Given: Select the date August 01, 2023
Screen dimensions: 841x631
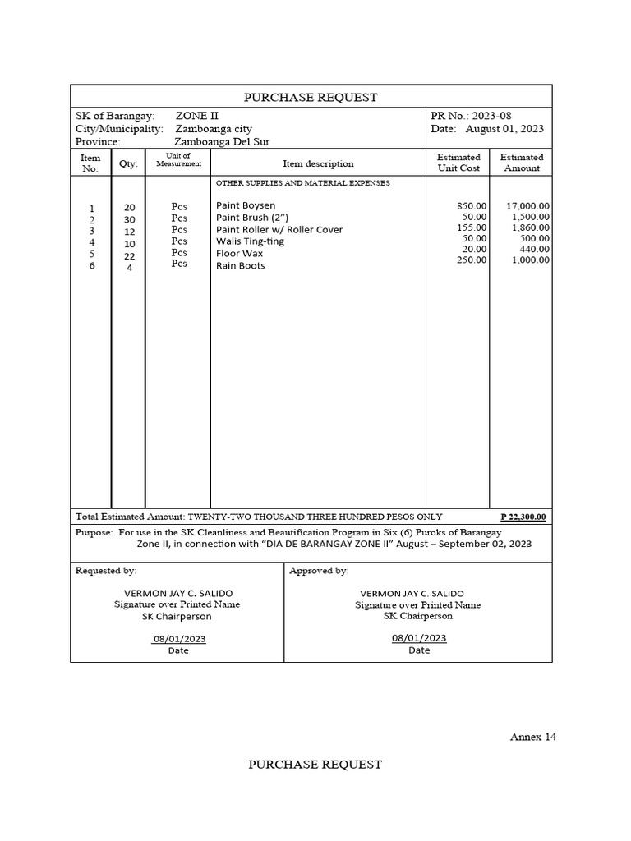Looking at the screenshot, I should click(504, 129).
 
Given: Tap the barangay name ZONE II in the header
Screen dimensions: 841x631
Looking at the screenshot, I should click(197, 117).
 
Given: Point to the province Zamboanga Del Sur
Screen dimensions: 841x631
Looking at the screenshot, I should click(216, 141).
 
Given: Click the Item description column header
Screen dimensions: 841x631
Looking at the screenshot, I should click(318, 163).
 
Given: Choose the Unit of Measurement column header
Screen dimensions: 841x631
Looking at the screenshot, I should click(178, 159).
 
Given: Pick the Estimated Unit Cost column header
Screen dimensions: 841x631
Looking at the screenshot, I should click(458, 162).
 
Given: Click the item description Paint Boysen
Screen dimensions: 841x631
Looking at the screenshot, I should click(246, 205).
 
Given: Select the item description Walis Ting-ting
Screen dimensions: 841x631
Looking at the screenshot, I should click(250, 241).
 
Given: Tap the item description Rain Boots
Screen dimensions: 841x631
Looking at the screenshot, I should click(240, 266).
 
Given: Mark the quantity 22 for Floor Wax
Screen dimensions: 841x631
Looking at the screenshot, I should click(129, 256).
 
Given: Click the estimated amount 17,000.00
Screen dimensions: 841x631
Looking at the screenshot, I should click(528, 206).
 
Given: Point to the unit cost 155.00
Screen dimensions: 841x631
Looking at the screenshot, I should click(472, 227).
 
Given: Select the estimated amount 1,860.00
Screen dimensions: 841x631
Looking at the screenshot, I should click(530, 227).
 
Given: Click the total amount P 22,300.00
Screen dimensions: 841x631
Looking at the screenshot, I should click(523, 517).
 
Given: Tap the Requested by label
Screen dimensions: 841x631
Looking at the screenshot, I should click(106, 570).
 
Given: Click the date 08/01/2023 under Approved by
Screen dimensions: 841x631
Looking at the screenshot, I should click(419, 637).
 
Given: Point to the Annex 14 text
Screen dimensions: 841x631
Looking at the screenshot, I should click(533, 737).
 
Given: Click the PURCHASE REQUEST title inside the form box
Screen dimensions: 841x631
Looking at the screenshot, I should click(311, 97).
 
